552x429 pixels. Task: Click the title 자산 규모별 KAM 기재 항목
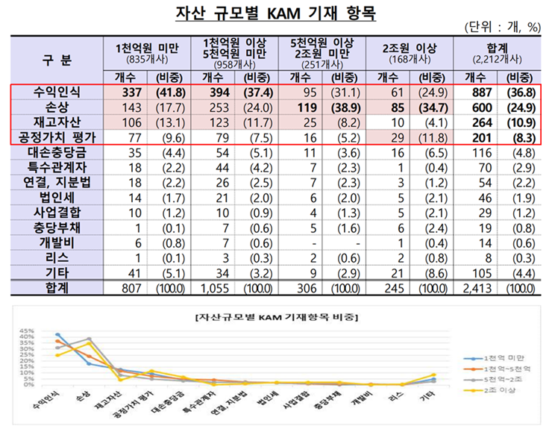276,14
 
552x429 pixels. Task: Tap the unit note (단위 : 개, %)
503,28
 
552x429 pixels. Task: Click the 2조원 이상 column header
415,48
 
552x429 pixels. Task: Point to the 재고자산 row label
57,122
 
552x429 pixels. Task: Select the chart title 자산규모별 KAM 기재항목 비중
276,316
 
